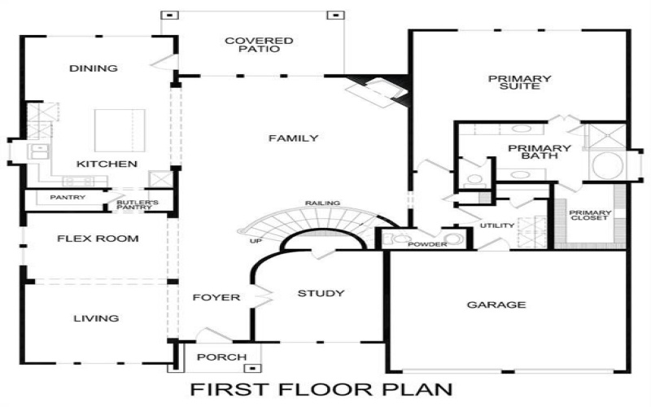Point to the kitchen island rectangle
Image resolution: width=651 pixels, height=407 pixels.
[x=114, y=130]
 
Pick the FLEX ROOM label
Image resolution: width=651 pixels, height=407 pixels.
[x=98, y=239]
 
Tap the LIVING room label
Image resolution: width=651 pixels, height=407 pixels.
[x=97, y=318]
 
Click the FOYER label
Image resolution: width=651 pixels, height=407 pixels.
[x=216, y=297]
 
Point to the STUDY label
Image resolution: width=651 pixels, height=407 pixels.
[x=321, y=293]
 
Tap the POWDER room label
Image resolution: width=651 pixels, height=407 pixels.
[x=427, y=244]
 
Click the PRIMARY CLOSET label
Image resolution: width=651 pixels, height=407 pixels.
[x=590, y=217]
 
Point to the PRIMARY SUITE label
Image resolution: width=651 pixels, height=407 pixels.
[x=519, y=82]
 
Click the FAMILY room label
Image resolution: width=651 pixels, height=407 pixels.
[x=293, y=138]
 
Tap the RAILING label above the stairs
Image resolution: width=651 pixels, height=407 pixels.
[x=322, y=203]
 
